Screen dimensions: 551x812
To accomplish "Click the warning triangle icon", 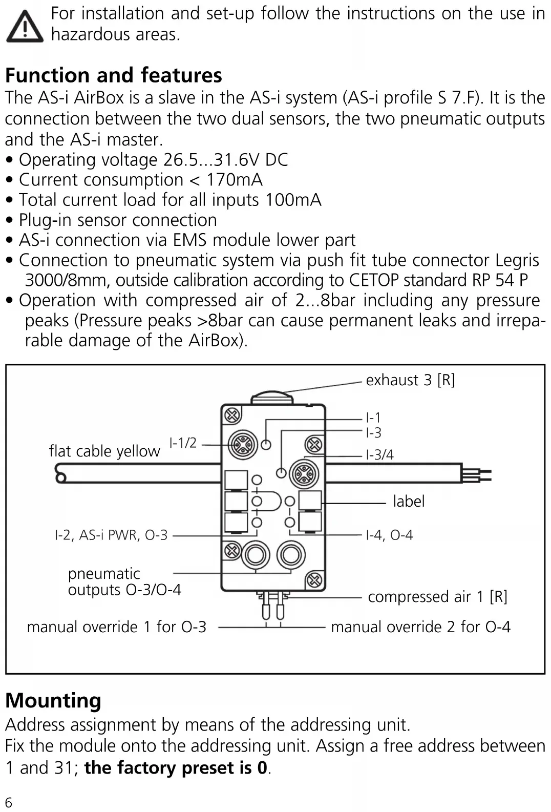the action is (x=25, y=27).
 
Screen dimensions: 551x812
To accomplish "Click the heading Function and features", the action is (x=113, y=75).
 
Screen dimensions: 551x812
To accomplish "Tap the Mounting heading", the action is (x=53, y=700).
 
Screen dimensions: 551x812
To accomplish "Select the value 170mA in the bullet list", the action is (x=235, y=180).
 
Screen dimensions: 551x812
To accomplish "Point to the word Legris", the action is (x=517, y=261).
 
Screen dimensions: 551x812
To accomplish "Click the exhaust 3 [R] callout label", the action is (x=410, y=380).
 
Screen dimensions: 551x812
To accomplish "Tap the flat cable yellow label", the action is (x=104, y=451).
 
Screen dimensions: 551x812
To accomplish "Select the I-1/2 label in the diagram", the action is (x=183, y=443).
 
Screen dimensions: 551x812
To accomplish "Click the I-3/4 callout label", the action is (x=379, y=454).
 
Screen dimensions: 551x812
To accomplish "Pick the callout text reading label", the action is (x=409, y=502).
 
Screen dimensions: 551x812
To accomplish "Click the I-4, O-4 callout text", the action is (x=389, y=535).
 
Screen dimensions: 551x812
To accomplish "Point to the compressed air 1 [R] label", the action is (x=437, y=597).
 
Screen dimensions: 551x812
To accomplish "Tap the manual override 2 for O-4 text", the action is (x=420, y=627).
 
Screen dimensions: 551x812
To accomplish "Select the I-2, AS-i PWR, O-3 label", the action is (x=111, y=535).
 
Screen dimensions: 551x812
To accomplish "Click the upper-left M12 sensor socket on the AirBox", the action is (x=243, y=445).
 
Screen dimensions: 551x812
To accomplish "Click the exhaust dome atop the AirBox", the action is (x=272, y=398).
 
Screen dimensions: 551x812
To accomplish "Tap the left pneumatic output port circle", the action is (x=256, y=555).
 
